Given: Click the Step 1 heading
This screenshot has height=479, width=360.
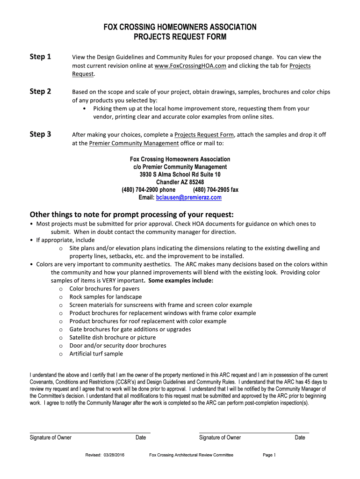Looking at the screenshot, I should pos(40,57).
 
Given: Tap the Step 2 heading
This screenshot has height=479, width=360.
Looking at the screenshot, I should pos(40,91).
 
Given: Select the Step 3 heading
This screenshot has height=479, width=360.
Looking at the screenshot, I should pos(40,134).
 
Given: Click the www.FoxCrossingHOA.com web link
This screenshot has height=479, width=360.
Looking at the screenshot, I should pos(190,66).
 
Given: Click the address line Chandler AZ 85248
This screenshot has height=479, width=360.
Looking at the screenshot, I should pos(180,182).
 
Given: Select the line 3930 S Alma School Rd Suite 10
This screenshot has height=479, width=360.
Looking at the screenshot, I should pos(180,174).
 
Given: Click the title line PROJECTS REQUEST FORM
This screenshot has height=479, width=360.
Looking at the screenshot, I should pos(180,36).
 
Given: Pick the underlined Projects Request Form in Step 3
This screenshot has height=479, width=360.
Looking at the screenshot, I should pos(204,135).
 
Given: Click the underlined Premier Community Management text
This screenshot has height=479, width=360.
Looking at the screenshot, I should pos(134,143).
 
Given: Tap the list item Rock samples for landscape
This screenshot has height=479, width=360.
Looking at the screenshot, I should pos(105,297).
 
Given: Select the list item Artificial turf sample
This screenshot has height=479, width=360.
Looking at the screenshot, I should pos(96,354).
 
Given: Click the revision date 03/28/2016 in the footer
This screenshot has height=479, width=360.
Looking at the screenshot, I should pos(115,455).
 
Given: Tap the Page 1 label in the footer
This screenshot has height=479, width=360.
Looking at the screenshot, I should pos(270,455).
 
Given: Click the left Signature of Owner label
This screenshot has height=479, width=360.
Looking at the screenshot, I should pos(50,437).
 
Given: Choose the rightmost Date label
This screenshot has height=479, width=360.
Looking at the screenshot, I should pos(300,437).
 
